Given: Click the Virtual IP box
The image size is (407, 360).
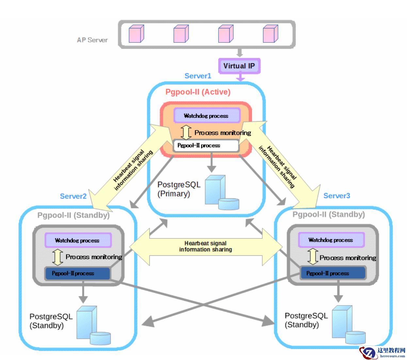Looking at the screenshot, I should point(239,66).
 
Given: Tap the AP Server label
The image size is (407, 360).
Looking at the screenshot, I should point(92,40).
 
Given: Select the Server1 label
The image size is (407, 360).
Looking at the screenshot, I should point(198,76).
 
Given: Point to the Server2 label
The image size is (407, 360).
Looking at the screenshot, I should point(73,196).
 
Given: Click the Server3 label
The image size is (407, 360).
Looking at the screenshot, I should point(336,196).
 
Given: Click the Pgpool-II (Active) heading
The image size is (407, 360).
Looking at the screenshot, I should point(198,92).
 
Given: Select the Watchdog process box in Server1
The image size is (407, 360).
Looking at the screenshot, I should point(207,116).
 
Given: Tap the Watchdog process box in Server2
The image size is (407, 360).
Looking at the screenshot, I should point(78,240).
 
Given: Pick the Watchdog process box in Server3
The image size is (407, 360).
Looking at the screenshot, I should point(331,240).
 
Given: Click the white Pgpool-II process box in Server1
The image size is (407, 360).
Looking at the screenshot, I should point(206,146).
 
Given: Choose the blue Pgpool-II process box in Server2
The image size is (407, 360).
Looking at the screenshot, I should point(77,273).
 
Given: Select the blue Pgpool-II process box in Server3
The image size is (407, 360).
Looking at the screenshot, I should point(332,273).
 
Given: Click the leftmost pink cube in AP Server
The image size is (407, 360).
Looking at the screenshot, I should point(136,34).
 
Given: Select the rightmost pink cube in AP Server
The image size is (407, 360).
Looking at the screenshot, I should point(270,34).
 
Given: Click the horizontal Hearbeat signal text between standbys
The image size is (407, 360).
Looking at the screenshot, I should point(205,246).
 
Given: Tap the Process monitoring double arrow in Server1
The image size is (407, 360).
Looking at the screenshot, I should point(186,132).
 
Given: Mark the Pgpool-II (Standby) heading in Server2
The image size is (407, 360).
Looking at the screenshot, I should point(73,215).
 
